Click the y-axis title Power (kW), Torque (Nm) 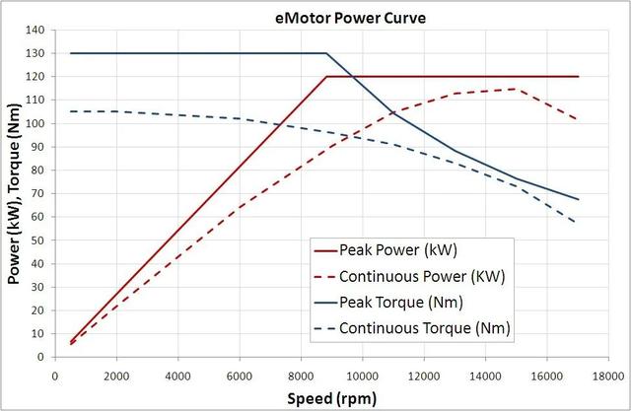tap(14, 192)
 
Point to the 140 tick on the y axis tap(35, 30)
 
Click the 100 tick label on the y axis tap(35, 123)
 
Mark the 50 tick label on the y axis tap(38, 240)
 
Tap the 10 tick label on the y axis tap(38, 333)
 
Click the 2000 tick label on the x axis tap(116, 375)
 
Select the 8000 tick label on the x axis tap(301, 375)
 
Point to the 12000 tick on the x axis tap(424, 375)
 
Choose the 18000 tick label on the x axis tap(608, 375)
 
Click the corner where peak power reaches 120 tap(325, 76)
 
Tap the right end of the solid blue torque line tap(578, 199)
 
